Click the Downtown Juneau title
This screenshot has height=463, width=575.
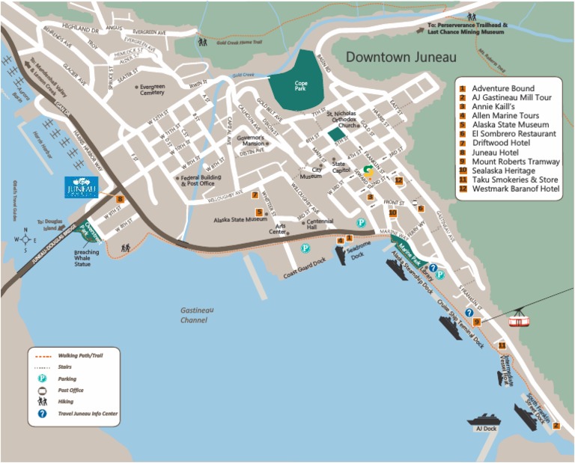[x=401, y=57]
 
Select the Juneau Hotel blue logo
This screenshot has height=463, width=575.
[x=82, y=187]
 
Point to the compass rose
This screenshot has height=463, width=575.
[x=25, y=240]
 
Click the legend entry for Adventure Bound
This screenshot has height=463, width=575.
[x=502, y=88]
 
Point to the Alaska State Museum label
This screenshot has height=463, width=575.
[x=240, y=220]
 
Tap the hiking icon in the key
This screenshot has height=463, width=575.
[x=43, y=401]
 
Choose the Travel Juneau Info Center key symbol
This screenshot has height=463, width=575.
[x=43, y=413]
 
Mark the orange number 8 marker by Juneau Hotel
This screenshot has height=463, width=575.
[x=120, y=198]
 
